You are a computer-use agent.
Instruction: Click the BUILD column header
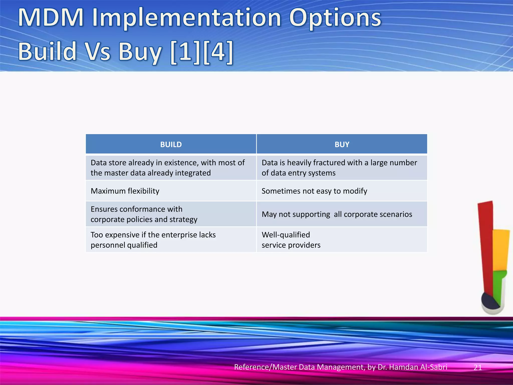(x=171, y=144)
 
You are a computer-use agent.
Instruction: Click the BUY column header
(x=342, y=144)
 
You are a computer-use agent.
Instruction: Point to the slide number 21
(x=478, y=367)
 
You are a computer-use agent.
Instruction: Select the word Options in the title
(x=335, y=18)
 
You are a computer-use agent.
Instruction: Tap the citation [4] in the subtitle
(x=218, y=51)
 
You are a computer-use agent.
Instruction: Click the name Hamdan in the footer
(x=404, y=367)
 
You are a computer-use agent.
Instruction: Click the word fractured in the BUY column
(x=329, y=163)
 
